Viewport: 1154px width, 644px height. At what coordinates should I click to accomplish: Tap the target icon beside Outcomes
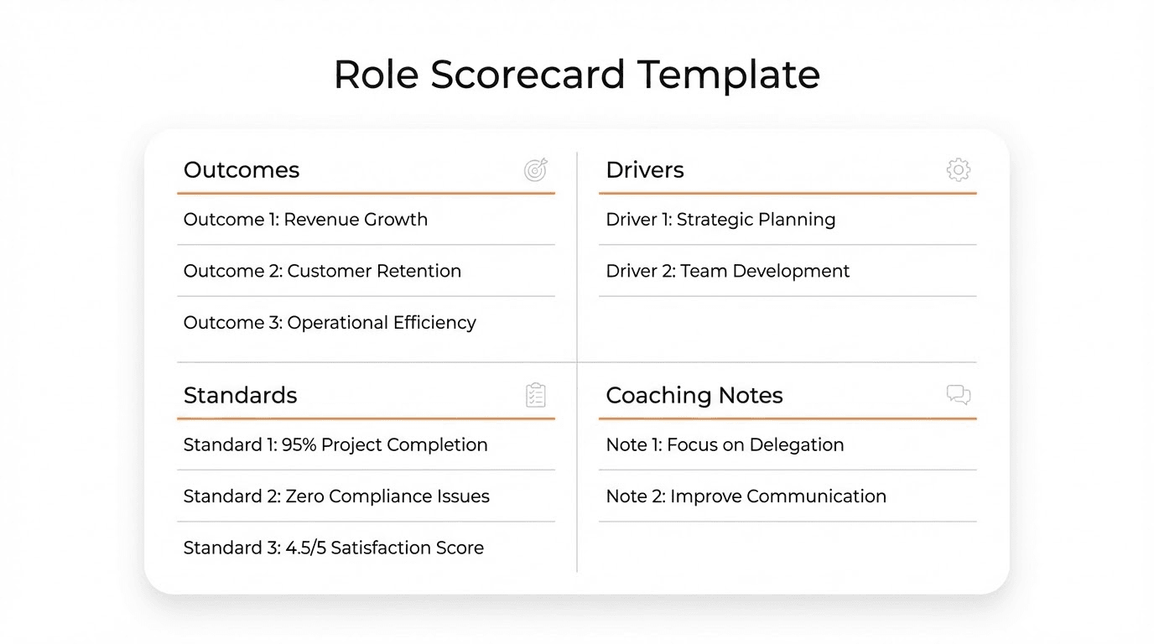(x=536, y=170)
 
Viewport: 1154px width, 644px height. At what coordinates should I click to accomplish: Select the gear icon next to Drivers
(x=958, y=170)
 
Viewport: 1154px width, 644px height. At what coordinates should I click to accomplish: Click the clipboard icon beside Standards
(x=536, y=395)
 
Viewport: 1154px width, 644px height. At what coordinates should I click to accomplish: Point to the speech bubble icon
(x=958, y=395)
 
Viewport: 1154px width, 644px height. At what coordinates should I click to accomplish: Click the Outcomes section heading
(x=242, y=170)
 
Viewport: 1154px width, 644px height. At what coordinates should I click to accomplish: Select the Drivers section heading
(x=645, y=170)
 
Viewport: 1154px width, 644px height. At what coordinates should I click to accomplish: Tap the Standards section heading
(x=240, y=395)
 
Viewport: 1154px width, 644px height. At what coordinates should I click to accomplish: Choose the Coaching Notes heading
(x=694, y=395)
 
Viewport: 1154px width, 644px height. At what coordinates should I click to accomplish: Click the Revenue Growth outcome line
(x=305, y=220)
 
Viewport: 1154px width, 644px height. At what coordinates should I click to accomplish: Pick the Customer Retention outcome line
(x=322, y=272)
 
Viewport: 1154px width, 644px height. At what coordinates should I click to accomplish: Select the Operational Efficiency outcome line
(x=330, y=323)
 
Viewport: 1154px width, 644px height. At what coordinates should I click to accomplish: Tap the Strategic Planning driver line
(x=720, y=220)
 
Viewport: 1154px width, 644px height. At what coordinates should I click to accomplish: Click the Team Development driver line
(x=727, y=272)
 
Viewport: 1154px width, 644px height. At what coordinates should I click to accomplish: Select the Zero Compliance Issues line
(x=336, y=496)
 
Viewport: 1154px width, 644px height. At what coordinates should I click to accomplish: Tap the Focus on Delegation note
(x=725, y=445)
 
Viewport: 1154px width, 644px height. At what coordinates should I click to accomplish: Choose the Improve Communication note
(x=746, y=496)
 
